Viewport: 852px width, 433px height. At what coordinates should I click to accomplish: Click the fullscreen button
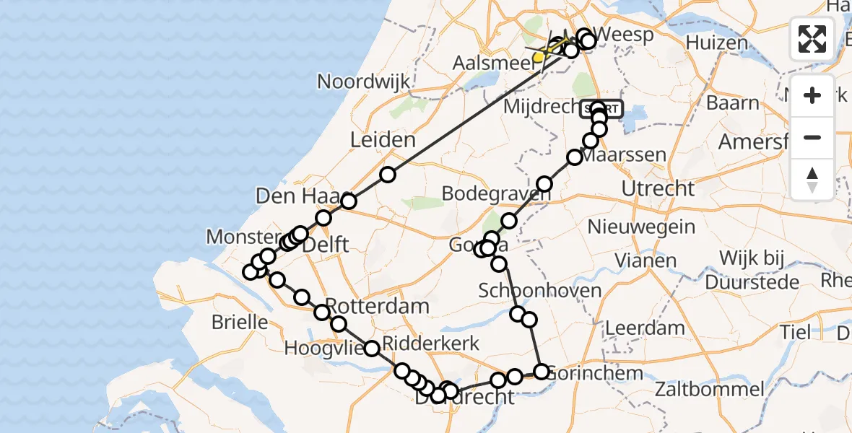coord(812,38)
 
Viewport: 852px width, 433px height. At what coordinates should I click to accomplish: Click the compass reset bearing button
coord(812,180)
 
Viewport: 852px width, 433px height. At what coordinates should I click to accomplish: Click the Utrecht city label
coord(661,189)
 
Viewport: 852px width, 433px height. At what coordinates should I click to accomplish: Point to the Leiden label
coord(383,140)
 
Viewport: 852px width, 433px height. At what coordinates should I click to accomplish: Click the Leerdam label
coord(645,327)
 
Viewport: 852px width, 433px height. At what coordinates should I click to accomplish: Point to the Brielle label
coord(240,322)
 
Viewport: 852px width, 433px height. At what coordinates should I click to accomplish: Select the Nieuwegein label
coord(642,227)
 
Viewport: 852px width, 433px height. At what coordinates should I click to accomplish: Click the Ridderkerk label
coord(431,344)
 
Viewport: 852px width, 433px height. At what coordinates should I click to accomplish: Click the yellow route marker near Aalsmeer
coord(538,57)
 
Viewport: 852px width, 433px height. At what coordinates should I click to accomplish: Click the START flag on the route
coord(601,108)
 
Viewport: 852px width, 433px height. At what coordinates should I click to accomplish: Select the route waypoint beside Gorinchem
coord(542,372)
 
